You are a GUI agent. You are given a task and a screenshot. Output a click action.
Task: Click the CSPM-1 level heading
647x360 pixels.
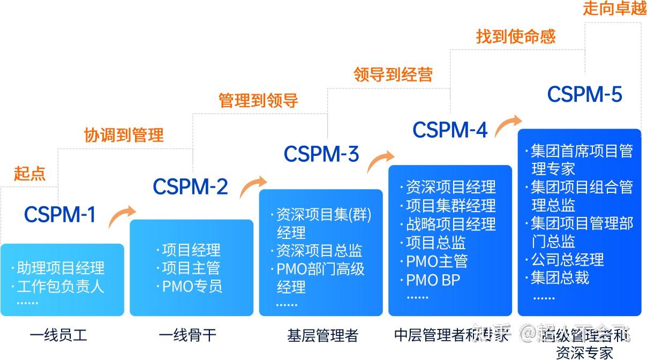[60, 214]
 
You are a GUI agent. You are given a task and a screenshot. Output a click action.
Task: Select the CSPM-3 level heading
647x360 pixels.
[321, 154]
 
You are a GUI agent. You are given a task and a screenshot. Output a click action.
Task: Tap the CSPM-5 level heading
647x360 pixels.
[585, 95]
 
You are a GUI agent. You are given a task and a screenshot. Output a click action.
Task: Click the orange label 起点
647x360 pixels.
[30, 174]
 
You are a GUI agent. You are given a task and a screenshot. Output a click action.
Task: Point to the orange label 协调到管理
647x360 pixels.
[124, 135]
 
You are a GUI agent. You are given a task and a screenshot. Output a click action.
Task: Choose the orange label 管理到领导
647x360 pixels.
[258, 101]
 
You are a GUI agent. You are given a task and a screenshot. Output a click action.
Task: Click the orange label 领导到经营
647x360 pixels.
[393, 74]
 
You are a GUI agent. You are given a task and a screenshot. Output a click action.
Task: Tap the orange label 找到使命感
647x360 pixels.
[516, 36]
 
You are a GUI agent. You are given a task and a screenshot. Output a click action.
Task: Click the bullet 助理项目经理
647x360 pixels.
[61, 268]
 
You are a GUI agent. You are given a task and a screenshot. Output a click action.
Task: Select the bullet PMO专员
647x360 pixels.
[192, 286]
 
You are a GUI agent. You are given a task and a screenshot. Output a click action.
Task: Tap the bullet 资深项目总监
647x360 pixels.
[319, 251]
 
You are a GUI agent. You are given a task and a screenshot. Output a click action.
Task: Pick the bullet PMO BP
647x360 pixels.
[433, 280]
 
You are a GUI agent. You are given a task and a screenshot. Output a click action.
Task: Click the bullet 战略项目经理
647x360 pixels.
[450, 224]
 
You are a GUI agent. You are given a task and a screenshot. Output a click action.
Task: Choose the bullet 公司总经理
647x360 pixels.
[567, 260]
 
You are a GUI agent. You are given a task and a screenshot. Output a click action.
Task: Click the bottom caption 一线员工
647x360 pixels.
[58, 336]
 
